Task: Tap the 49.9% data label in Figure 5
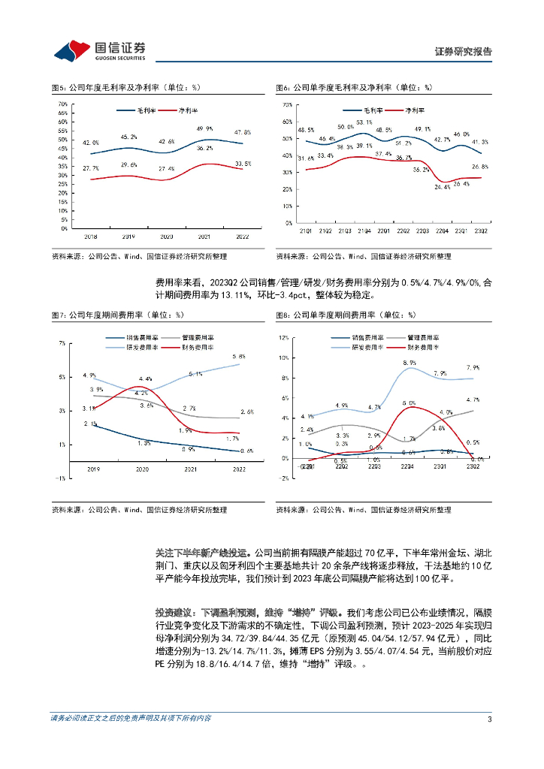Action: (x=204, y=128)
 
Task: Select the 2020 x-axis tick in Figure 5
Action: (x=165, y=235)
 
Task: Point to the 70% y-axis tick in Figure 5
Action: (x=64, y=104)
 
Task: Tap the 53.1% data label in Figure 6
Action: (x=364, y=122)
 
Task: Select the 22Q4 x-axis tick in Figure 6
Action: (x=443, y=223)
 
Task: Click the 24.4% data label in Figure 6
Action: (x=443, y=187)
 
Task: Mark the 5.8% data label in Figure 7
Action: (x=239, y=356)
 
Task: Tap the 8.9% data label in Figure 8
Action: (x=410, y=363)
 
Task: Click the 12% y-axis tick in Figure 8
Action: (x=283, y=338)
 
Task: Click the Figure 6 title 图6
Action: (x=283, y=88)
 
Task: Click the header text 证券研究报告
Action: (x=464, y=52)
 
